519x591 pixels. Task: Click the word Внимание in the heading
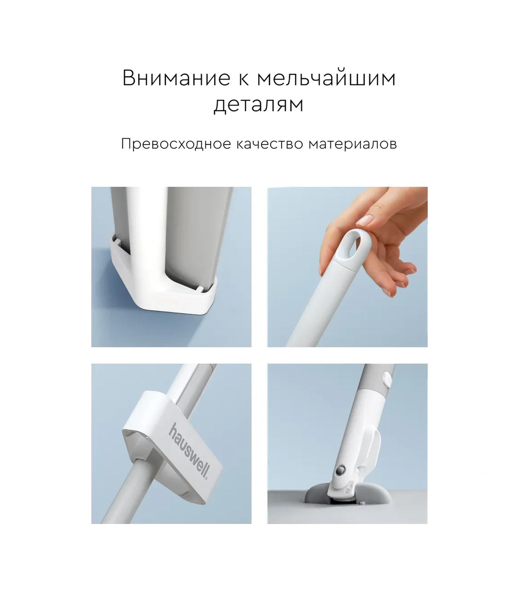[176, 78]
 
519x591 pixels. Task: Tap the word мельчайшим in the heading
[326, 78]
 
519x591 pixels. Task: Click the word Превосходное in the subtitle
[176, 144]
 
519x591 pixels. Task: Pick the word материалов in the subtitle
[352, 144]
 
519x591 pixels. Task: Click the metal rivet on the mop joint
[340, 471]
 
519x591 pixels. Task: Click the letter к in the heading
[244, 78]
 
